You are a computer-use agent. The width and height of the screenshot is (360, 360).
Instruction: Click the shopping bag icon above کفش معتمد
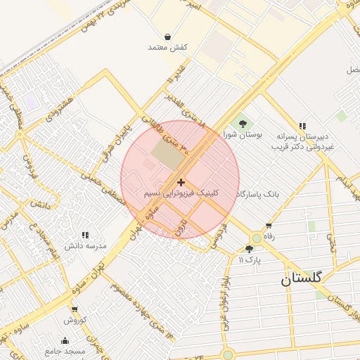[167, 37]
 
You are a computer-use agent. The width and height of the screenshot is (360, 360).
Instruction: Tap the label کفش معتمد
[167, 47]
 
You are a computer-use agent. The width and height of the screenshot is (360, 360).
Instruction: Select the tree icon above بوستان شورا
[243, 122]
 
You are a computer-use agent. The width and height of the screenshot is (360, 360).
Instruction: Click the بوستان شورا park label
[243, 133]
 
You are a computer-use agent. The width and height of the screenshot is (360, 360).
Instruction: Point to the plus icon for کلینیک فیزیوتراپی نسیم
[181, 182]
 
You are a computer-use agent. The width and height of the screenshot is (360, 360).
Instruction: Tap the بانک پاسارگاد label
[258, 193]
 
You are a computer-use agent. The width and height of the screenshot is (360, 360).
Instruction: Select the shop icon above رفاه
[269, 226]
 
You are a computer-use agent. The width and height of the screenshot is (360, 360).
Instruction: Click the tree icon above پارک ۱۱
[249, 249]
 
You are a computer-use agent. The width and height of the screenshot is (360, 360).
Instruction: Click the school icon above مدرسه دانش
[85, 235]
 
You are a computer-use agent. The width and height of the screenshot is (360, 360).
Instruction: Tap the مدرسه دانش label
[85, 245]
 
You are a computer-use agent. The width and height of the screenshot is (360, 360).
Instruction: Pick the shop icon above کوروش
[75, 309]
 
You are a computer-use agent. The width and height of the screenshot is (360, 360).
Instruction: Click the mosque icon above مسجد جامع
[65, 340]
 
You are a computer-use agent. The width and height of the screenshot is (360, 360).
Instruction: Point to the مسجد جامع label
[65, 350]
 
